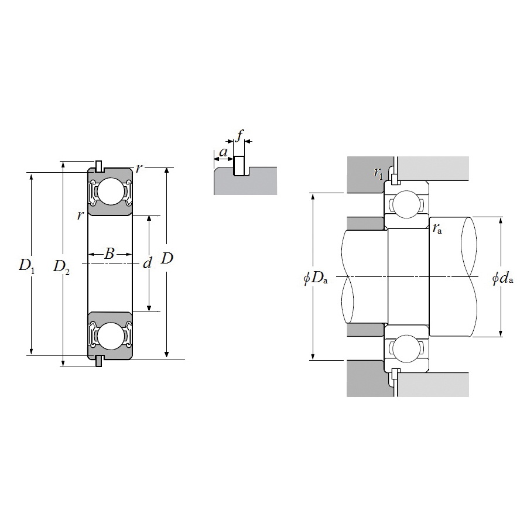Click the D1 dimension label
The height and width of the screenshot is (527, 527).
27,266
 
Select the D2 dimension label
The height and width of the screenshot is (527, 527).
61,266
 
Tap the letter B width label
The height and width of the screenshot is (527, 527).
109,254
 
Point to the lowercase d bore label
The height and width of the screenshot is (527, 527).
148,263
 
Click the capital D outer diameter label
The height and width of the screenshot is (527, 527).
167,258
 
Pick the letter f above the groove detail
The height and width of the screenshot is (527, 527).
239,136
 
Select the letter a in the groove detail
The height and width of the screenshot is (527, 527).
223,153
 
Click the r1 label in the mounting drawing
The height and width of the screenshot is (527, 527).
379,172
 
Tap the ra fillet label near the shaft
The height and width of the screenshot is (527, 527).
437,228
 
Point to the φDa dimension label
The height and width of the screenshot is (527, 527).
315,278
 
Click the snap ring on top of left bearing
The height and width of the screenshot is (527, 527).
100,166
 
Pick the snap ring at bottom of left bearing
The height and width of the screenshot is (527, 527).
100,361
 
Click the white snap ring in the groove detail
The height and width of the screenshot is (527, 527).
239,166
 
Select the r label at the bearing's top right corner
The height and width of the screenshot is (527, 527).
138,169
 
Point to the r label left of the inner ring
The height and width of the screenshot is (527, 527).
80,215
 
